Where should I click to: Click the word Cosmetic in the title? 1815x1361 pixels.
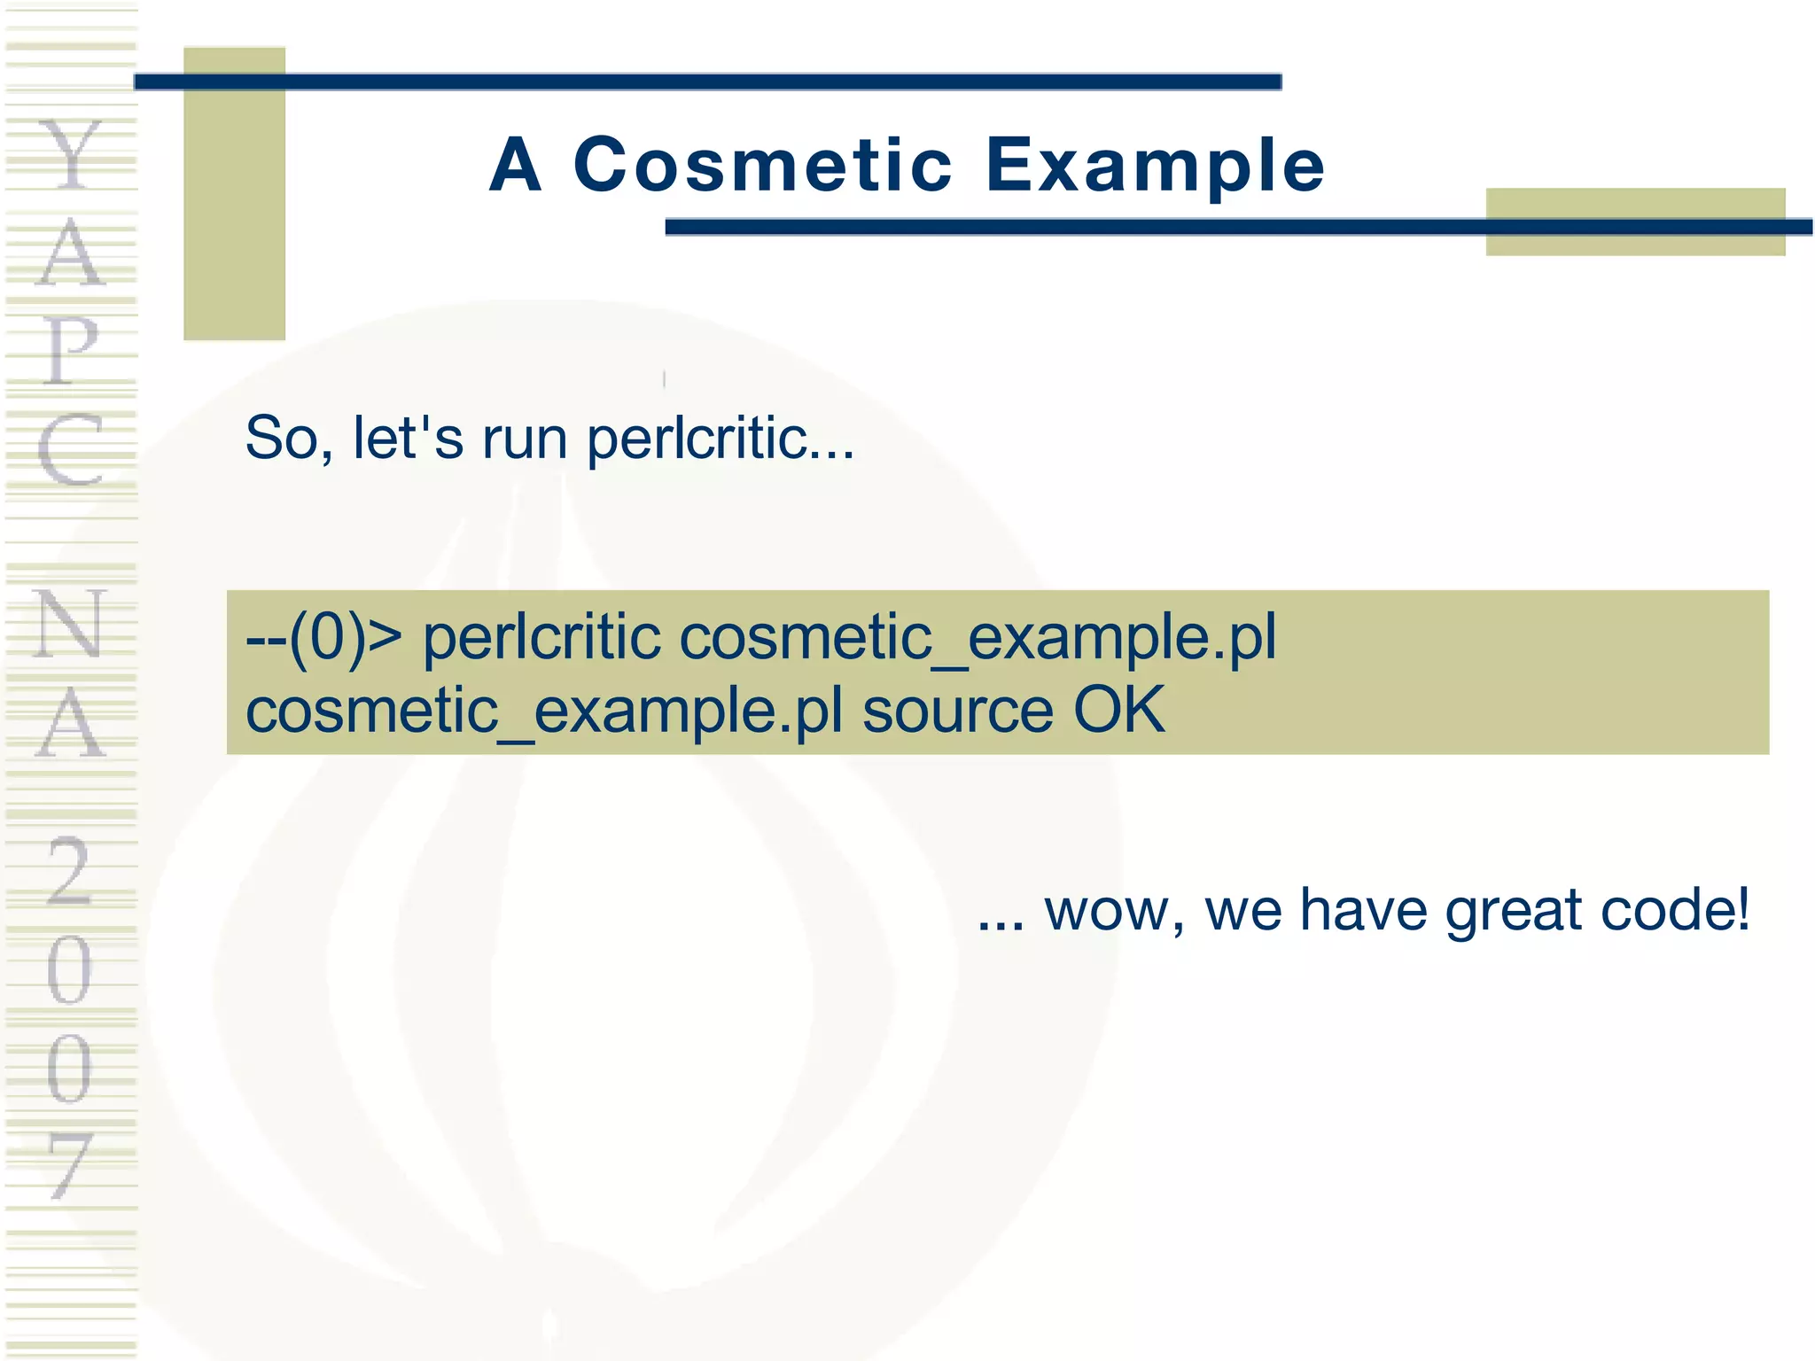point(763,166)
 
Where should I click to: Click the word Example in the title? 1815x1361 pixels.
point(1155,166)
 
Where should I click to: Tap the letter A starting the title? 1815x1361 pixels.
point(515,166)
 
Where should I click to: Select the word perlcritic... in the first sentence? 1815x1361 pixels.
point(721,439)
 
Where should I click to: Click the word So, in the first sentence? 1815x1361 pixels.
point(289,439)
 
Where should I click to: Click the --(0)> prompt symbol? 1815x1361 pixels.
point(323,637)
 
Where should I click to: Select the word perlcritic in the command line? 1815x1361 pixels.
point(541,637)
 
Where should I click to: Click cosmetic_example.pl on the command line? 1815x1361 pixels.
point(977,639)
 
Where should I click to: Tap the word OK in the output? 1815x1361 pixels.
point(1118,710)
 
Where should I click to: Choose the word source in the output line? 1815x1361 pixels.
point(958,712)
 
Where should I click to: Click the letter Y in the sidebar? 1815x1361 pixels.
point(71,156)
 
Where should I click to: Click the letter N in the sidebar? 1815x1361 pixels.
point(71,624)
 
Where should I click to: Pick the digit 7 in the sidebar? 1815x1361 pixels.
point(71,1166)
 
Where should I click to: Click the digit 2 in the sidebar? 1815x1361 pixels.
point(71,872)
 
